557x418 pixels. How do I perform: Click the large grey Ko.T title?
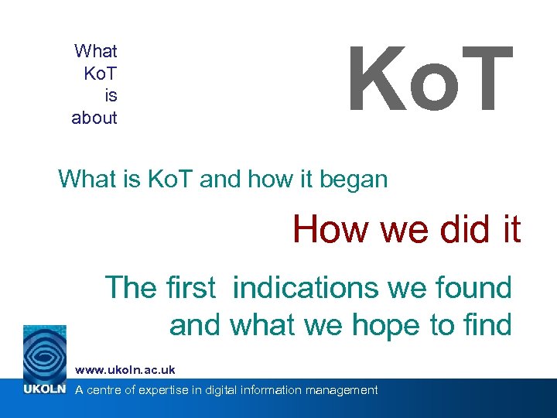(430, 79)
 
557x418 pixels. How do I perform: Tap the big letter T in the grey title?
(484, 79)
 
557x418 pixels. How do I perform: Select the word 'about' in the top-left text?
(94, 118)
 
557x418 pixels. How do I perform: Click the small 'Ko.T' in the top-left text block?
(100, 74)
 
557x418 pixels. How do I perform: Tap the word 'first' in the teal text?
(190, 288)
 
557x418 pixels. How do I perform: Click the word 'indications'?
(306, 288)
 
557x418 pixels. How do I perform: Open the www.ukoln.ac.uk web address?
(125, 370)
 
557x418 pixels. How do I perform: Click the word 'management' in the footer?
(342, 390)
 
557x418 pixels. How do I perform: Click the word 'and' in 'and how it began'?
(220, 180)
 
